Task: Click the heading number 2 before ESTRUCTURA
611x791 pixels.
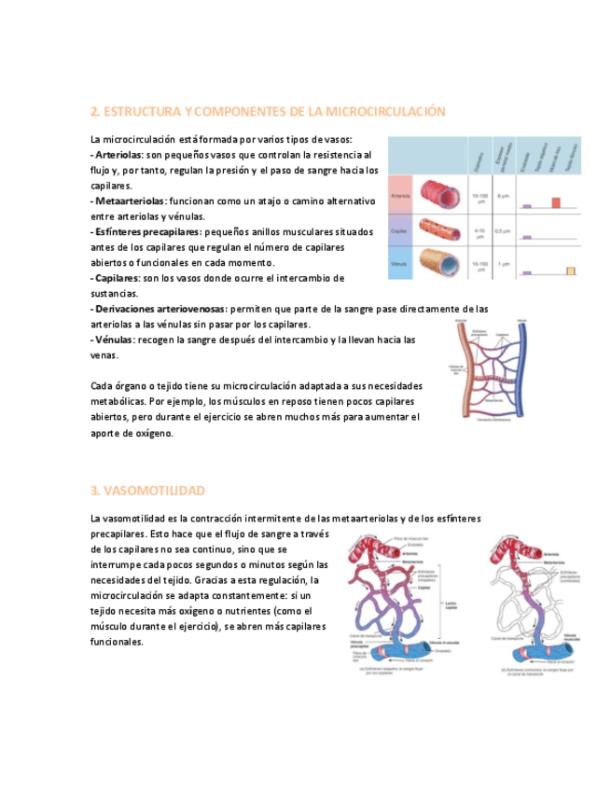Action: click(94, 112)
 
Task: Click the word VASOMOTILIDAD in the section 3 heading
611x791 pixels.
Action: click(154, 491)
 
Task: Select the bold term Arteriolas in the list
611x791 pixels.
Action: click(119, 155)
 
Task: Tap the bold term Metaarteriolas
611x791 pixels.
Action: click(129, 201)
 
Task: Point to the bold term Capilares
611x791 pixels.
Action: click(115, 278)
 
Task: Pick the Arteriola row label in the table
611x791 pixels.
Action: click(401, 196)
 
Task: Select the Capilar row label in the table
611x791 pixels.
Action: click(400, 230)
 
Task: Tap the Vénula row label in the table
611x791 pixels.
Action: click(400, 265)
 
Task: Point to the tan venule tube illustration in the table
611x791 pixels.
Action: click(441, 264)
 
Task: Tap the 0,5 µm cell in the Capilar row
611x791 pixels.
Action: click(503, 230)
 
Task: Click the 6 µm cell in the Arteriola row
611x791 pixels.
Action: click(503, 196)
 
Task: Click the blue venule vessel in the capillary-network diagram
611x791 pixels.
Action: click(522, 368)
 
